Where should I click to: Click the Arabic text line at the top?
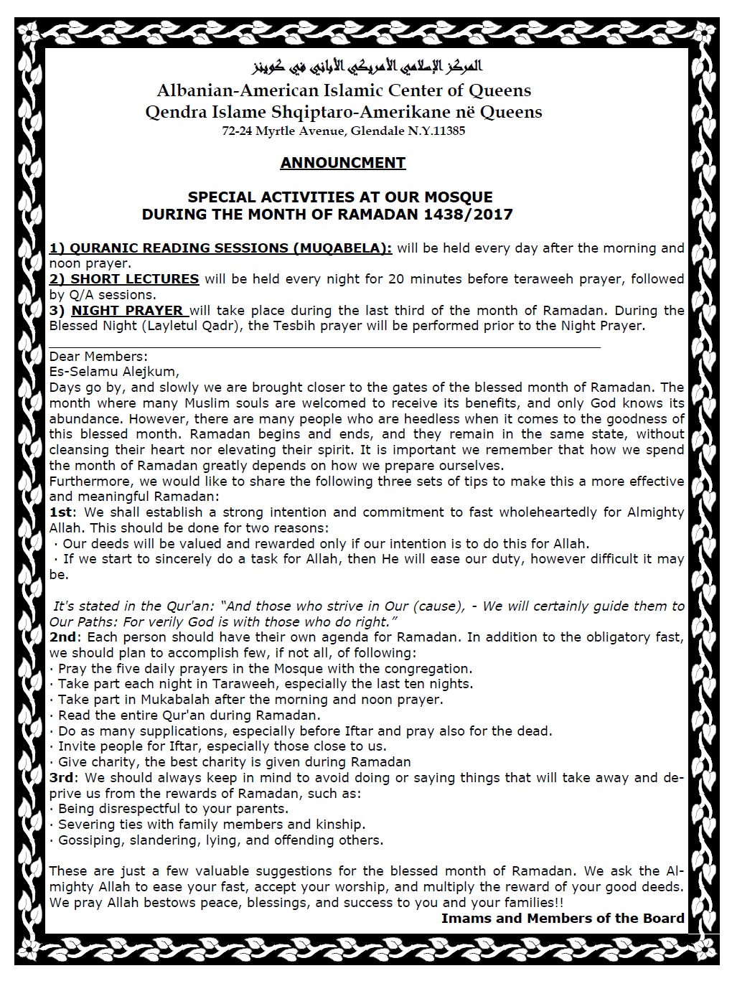coord(367,68)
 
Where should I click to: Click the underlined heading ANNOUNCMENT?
coord(343,163)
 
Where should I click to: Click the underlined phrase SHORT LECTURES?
coord(135,278)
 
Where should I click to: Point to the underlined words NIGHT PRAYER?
coord(128,310)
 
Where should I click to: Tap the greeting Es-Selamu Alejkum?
coord(114,372)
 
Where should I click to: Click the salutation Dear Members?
coord(98,357)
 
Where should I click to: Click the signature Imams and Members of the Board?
coord(563,918)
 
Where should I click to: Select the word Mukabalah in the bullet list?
coord(191,699)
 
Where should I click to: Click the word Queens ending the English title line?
coord(500,90)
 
